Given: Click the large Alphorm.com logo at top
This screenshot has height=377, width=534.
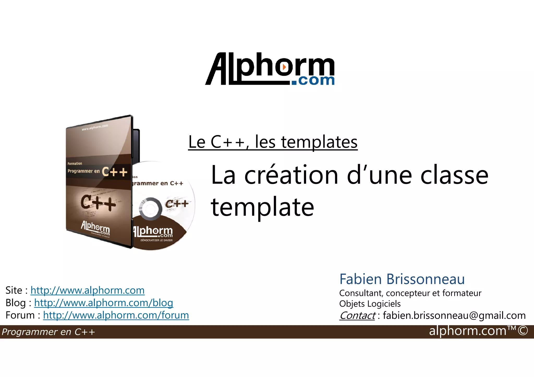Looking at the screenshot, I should click(x=270, y=69).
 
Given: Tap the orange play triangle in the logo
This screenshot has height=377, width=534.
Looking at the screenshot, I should click(x=284, y=67).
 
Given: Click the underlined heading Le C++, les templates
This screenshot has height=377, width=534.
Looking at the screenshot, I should click(x=273, y=142).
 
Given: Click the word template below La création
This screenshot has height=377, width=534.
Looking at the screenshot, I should click(x=262, y=207).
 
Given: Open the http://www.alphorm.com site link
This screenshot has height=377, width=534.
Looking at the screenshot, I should click(x=87, y=290).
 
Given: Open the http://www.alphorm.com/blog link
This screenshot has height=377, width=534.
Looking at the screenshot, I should click(x=104, y=303).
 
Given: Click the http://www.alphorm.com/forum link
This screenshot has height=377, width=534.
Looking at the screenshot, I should click(x=116, y=315).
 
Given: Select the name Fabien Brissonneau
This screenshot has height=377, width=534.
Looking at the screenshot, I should click(x=402, y=279).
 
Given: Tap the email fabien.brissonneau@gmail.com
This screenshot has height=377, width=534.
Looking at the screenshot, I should click(x=454, y=316).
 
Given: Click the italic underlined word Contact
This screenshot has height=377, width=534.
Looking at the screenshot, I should click(x=357, y=316).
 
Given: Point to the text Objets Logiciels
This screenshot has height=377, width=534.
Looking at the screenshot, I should click(x=370, y=304).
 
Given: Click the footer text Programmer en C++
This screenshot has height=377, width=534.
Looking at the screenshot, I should click(x=48, y=332).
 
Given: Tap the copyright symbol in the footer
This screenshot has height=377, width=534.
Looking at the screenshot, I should click(x=523, y=331).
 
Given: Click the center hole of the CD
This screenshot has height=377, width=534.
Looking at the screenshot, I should click(x=150, y=209).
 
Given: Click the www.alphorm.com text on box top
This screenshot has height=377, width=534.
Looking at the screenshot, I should click(x=95, y=127).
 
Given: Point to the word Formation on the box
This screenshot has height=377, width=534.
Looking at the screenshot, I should click(x=75, y=164).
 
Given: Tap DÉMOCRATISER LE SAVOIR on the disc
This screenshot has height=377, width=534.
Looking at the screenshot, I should click(x=156, y=240).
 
